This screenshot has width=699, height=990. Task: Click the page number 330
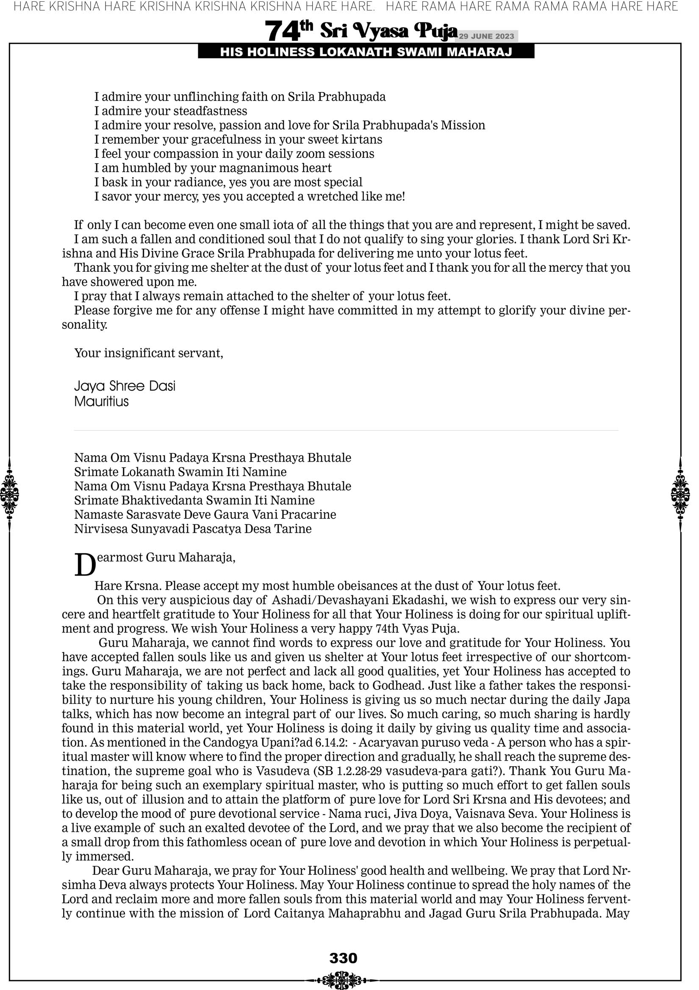tap(343, 958)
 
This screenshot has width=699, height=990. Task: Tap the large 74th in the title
tap(288, 31)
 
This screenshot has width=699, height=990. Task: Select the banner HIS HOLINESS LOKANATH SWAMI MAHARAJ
tap(366, 52)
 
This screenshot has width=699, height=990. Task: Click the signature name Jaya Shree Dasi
tap(125, 386)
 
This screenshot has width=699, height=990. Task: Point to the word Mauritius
tap(101, 402)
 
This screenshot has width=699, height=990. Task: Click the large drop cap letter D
tap(85, 565)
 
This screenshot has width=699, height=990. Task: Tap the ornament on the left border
tap(9, 494)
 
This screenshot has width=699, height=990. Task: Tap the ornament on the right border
tap(680, 494)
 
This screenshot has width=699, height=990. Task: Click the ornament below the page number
tap(343, 980)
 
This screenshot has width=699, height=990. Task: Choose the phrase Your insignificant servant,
tap(149, 353)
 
